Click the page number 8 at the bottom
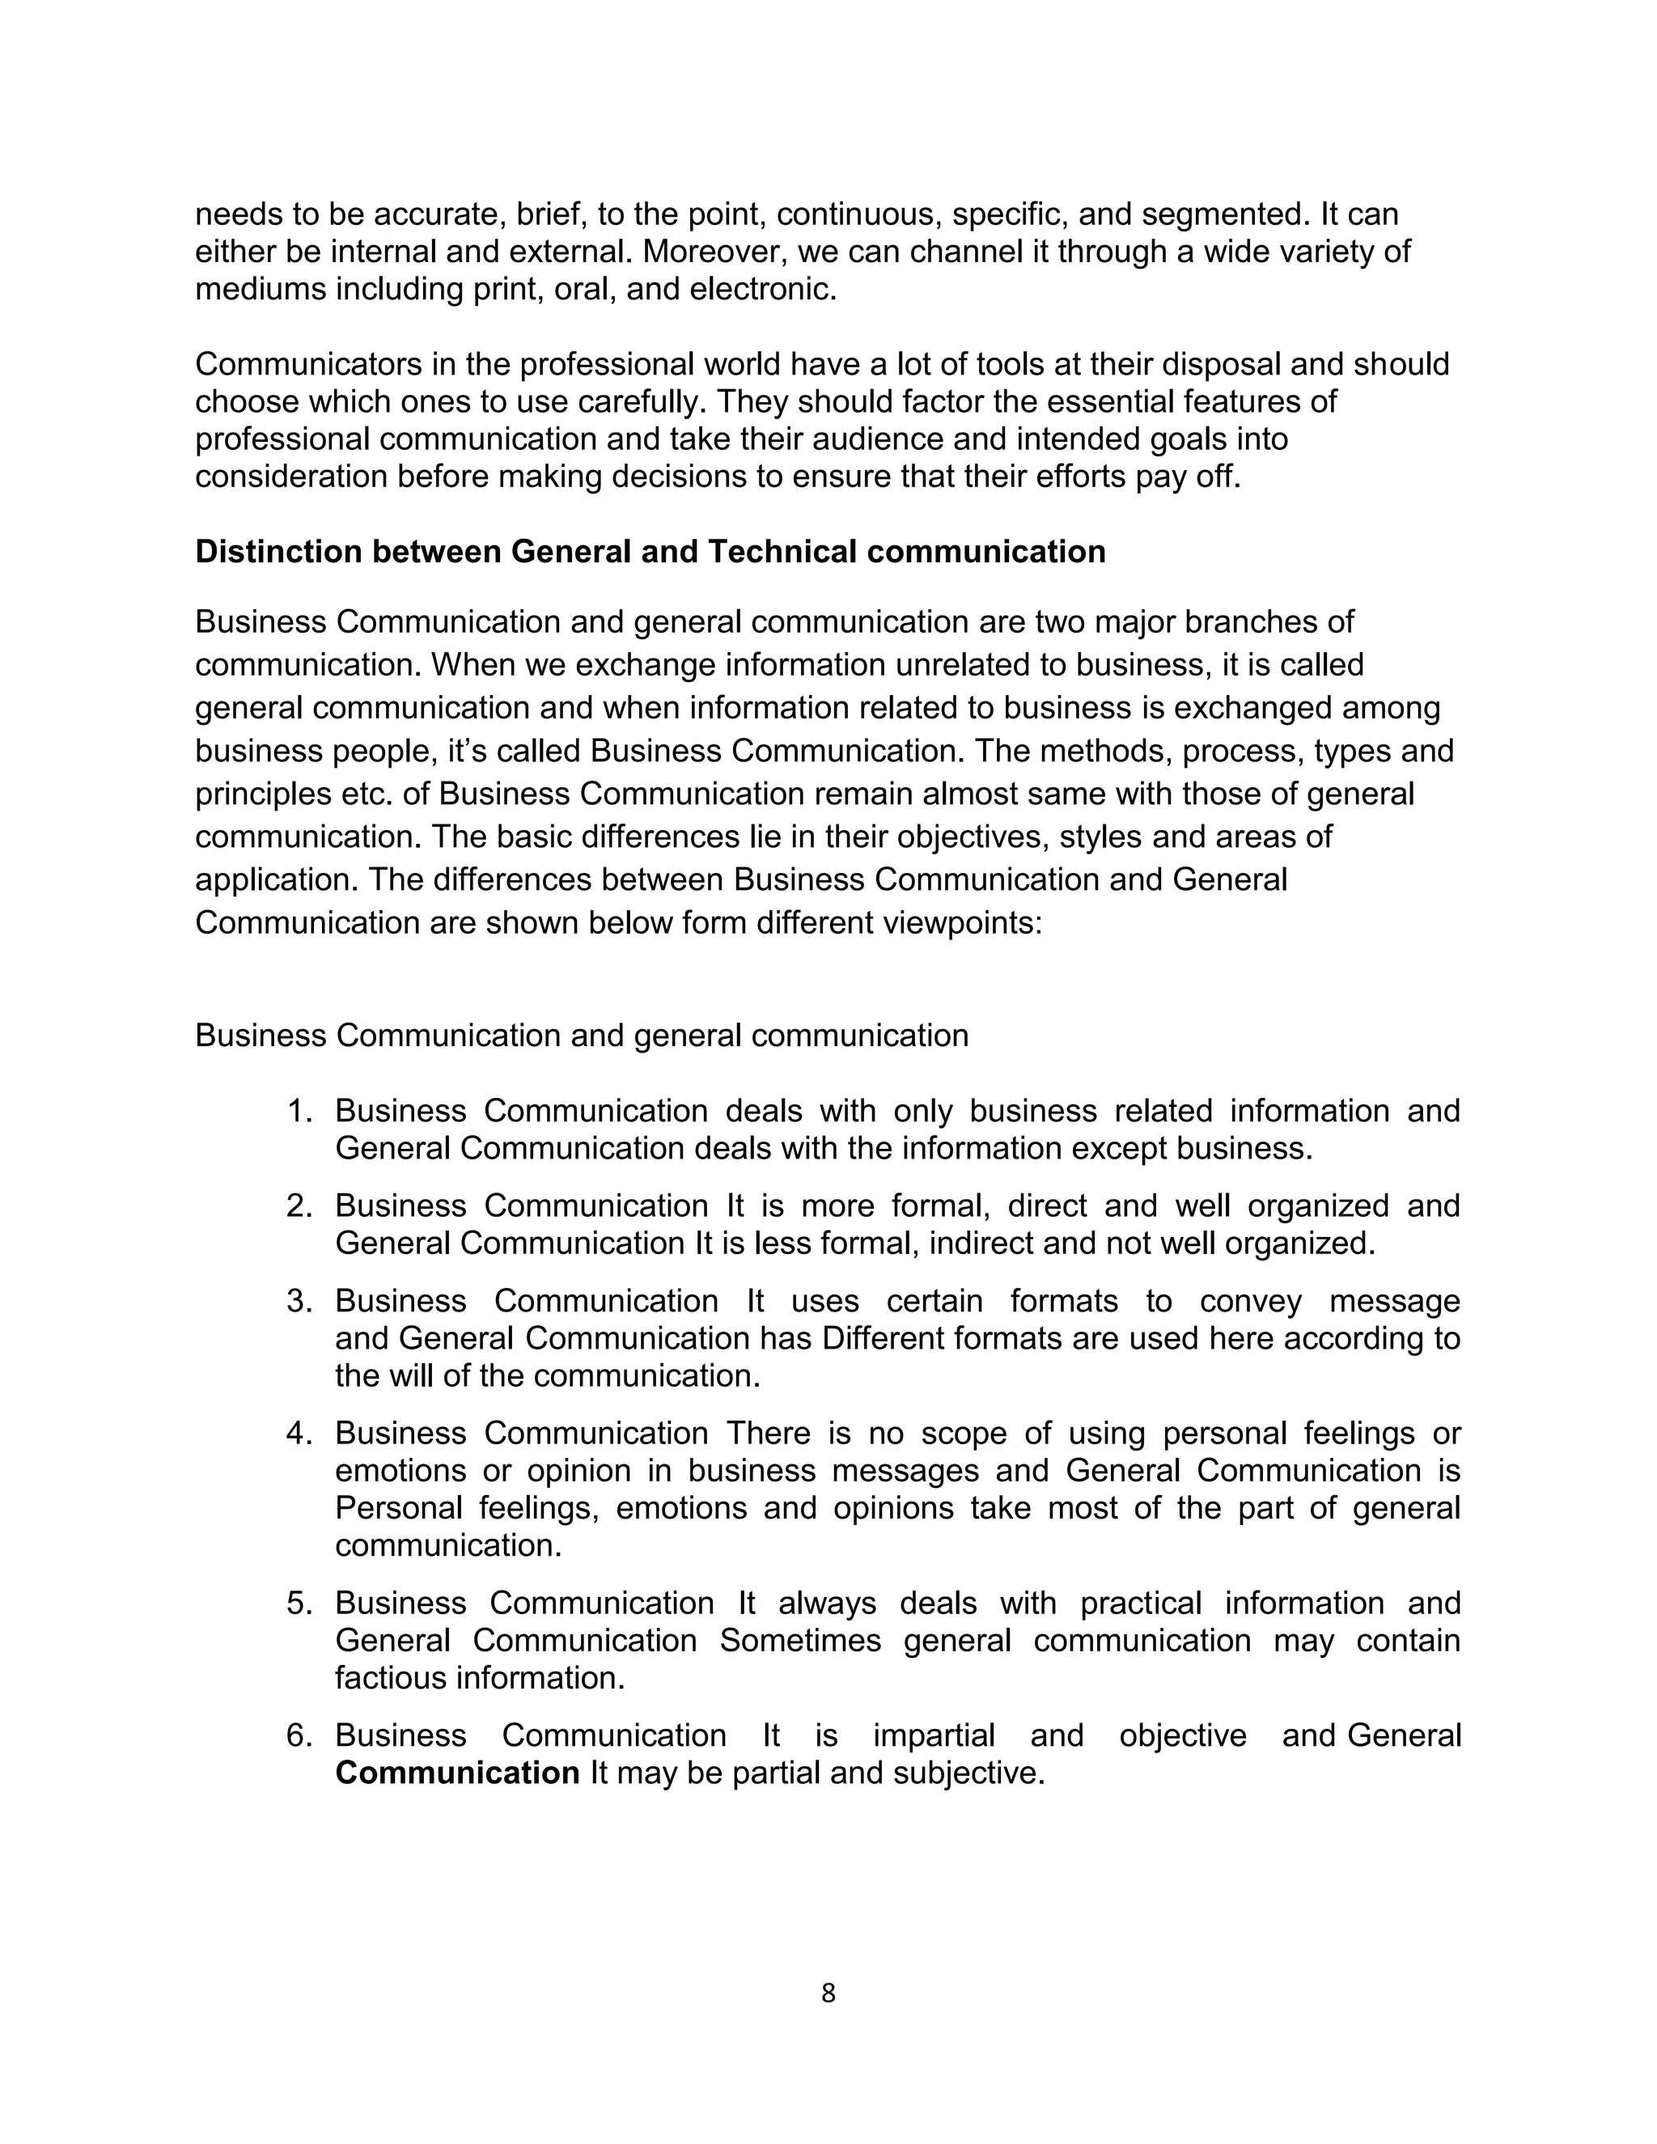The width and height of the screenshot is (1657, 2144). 828,1993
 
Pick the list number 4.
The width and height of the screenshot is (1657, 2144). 299,1434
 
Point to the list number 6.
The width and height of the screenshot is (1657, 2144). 299,1735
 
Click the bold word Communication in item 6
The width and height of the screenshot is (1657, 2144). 457,1773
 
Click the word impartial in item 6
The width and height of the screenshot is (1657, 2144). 934,1735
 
